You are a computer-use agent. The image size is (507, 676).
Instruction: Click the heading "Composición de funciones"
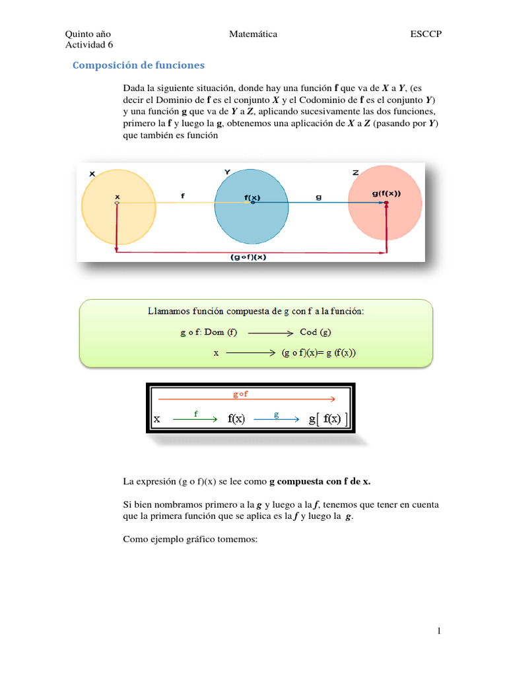138,65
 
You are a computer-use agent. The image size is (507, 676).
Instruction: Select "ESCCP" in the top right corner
425,34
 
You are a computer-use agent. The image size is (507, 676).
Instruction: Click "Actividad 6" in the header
89,45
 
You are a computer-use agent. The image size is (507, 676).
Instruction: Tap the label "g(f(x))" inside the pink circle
386,193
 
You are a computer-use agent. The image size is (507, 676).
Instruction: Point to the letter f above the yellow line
183,195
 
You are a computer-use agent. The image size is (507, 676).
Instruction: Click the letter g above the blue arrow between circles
319,197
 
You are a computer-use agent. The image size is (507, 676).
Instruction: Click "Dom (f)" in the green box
225,332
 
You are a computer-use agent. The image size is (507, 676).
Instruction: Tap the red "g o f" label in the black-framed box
240,394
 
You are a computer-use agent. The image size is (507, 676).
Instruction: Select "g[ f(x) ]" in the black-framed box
329,419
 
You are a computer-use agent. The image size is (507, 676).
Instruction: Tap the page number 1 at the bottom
438,632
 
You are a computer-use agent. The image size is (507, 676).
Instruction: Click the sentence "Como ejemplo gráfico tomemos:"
189,539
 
